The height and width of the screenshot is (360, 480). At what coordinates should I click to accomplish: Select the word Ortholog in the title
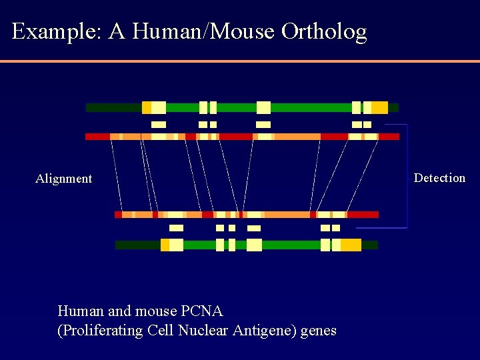(324, 32)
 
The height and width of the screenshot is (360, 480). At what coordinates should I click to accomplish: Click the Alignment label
(63, 179)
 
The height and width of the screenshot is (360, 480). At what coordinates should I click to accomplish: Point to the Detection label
(439, 178)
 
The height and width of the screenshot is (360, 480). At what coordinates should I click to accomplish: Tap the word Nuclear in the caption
(204, 331)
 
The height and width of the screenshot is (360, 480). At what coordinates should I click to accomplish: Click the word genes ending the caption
(319, 331)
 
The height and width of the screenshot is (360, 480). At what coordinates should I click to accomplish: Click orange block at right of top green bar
(379, 108)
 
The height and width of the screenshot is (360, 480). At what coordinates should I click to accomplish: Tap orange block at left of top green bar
(146, 108)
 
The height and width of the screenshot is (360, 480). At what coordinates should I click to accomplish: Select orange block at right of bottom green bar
(351, 245)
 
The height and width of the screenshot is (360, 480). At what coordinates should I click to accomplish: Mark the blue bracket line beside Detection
(406, 177)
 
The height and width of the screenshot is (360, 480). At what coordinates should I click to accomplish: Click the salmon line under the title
(240, 61)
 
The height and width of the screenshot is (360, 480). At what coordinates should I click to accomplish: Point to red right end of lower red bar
(363, 215)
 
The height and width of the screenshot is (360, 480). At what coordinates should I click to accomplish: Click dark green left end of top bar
(113, 108)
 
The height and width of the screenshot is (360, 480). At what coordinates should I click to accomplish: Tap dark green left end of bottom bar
(137, 245)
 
